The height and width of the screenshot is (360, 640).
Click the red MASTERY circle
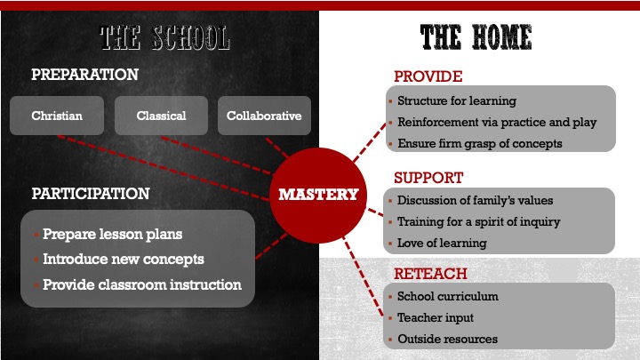click(318, 195)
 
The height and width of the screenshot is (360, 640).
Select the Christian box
click(57, 116)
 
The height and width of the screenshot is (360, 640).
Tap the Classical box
click(161, 116)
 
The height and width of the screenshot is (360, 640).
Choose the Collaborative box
click(264, 116)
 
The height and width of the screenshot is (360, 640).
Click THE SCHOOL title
click(165, 38)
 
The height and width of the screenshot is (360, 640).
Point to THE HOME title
click(476, 37)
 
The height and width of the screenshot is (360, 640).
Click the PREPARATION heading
click(85, 75)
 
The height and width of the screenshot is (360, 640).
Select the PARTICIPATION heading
click(91, 194)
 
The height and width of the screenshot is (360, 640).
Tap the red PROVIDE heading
click(428, 76)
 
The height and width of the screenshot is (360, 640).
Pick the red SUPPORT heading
click(428, 178)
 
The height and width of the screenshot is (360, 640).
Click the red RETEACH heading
click(430, 274)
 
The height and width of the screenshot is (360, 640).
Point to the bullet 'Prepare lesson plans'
click(112, 235)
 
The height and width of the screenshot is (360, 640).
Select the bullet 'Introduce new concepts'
click(124, 260)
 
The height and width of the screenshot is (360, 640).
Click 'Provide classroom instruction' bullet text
click(142, 284)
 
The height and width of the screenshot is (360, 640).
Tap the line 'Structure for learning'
click(457, 100)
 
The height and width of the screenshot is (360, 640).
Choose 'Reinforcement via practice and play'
click(497, 123)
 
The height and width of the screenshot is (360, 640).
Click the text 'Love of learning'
click(442, 244)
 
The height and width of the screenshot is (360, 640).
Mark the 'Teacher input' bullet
click(436, 317)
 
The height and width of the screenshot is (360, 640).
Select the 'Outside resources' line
click(447, 339)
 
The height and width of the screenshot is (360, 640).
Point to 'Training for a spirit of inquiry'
click(479, 221)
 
